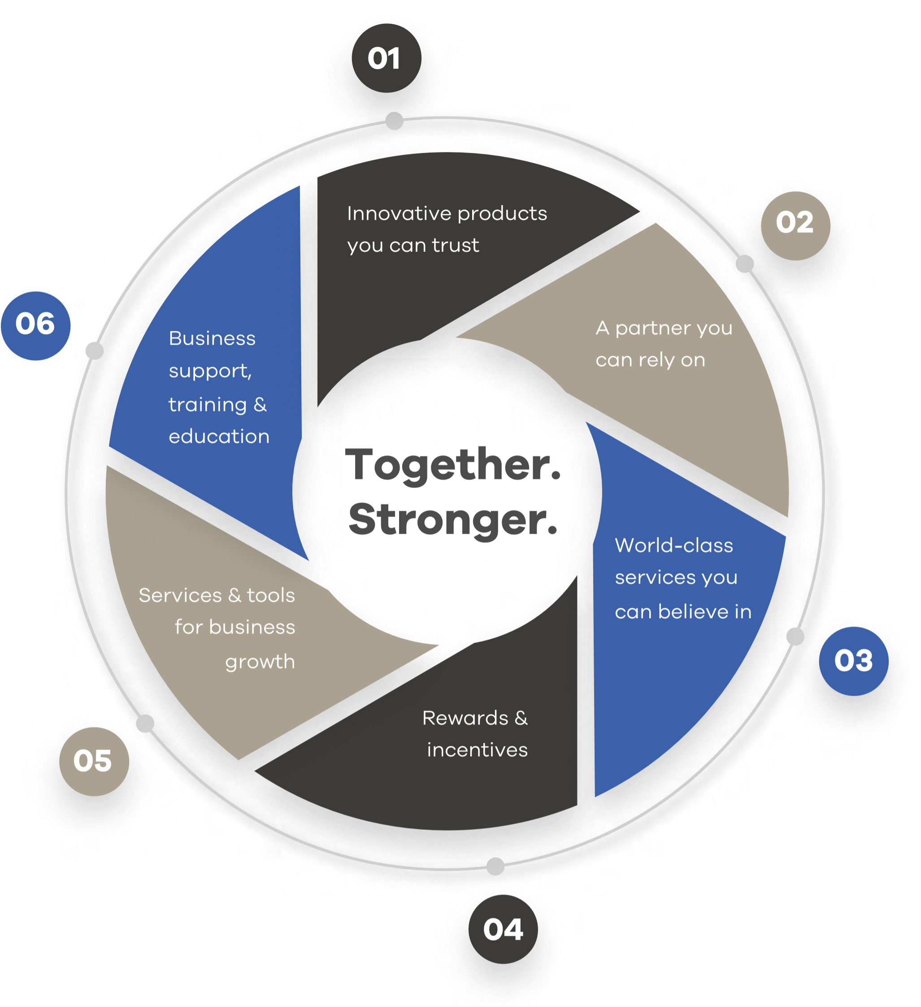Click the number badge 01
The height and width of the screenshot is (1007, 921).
[386, 58]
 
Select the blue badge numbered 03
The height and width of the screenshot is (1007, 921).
[853, 661]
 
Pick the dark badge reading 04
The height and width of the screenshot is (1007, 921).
[503, 929]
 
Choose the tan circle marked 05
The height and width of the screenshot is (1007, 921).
[93, 761]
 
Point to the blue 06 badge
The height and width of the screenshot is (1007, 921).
[35, 326]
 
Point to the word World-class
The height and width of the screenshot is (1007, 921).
[674, 545]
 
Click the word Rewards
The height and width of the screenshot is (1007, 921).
[465, 718]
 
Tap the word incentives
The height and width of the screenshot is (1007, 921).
[477, 750]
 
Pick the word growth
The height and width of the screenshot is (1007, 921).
[260, 662]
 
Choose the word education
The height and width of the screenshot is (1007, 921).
[219, 436]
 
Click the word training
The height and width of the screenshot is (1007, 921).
[207, 405]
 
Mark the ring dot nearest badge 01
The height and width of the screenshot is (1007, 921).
[395, 121]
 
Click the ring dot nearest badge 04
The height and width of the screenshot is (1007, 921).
[495, 866]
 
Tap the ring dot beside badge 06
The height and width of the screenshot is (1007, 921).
[95, 351]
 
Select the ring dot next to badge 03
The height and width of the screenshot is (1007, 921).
[795, 637]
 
